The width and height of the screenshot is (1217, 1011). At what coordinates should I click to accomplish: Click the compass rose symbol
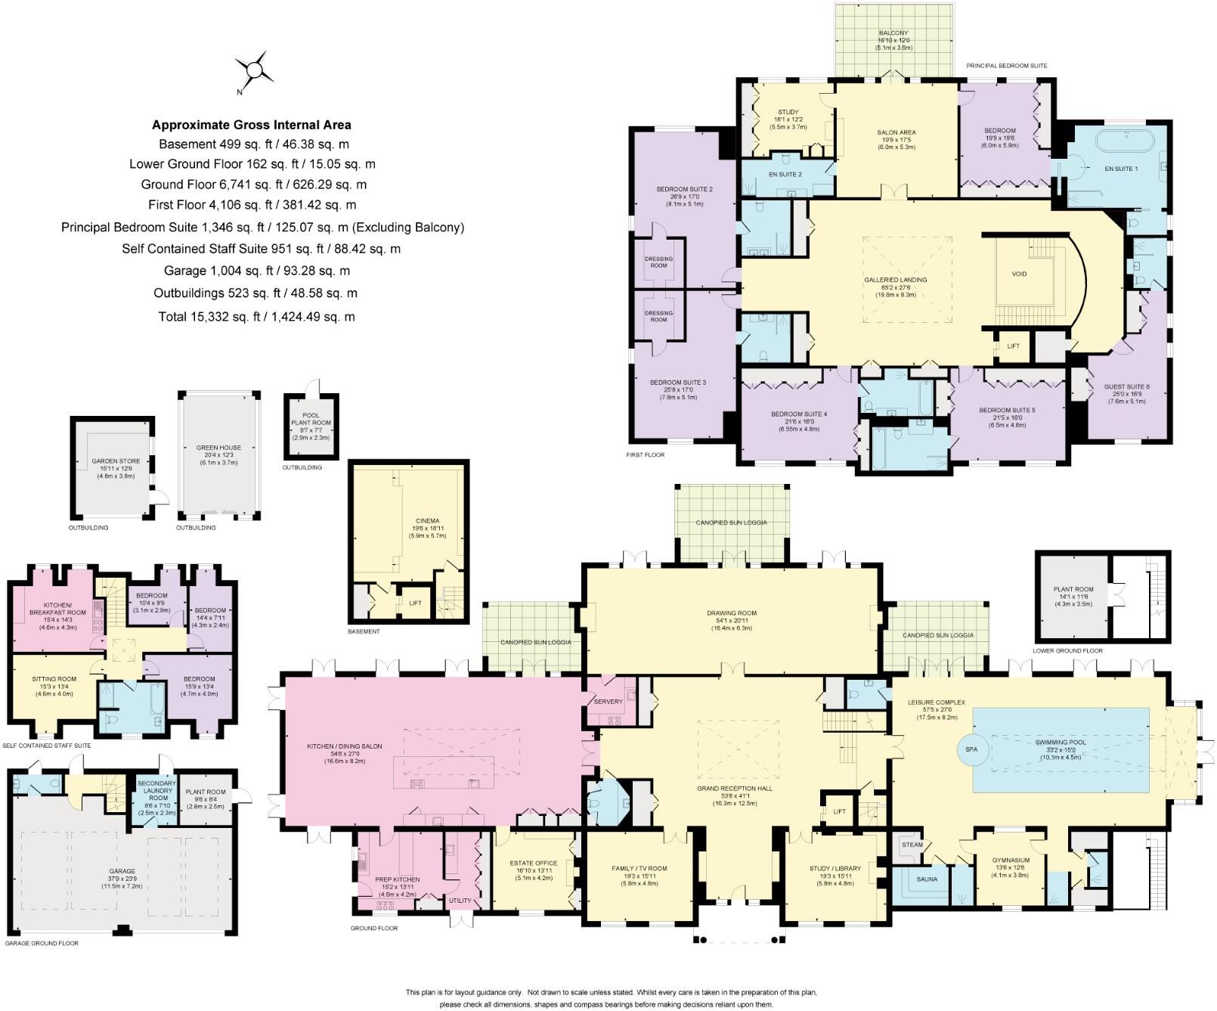[255, 71]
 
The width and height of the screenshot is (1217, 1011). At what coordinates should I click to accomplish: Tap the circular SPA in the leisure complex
[971, 749]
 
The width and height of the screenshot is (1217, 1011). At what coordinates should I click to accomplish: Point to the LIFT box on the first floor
[1013, 346]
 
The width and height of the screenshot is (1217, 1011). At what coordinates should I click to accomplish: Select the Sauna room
[927, 879]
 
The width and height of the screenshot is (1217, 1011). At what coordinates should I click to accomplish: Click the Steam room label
[912, 845]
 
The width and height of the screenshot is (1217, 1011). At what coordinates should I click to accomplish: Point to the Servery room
[608, 702]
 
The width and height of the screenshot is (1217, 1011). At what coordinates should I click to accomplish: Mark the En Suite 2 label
[785, 175]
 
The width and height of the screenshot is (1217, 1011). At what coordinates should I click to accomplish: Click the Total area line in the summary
[256, 317]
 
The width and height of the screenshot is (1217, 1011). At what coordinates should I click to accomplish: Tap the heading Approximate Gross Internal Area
[252, 126]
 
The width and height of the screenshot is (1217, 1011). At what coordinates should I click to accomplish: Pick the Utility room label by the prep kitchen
[460, 901]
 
